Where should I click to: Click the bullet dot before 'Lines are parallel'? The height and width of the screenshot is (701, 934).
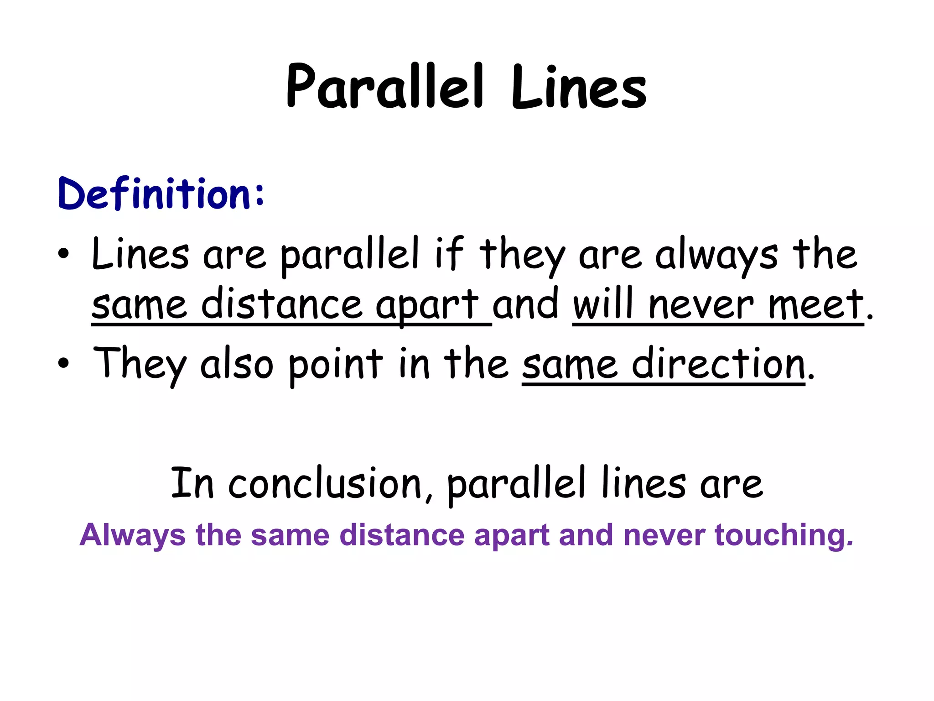click(x=64, y=254)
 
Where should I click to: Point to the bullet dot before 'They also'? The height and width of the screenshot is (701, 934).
click(x=64, y=363)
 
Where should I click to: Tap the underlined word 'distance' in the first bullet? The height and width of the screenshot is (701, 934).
click(x=281, y=304)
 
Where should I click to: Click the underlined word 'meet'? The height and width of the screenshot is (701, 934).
click(x=816, y=304)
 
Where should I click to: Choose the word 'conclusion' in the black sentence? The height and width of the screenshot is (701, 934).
click(x=325, y=484)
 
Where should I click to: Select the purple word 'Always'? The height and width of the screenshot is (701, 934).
click(x=133, y=535)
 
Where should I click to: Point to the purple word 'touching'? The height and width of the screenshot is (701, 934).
click(x=784, y=535)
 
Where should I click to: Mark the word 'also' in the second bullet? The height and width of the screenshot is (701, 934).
click(x=237, y=363)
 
